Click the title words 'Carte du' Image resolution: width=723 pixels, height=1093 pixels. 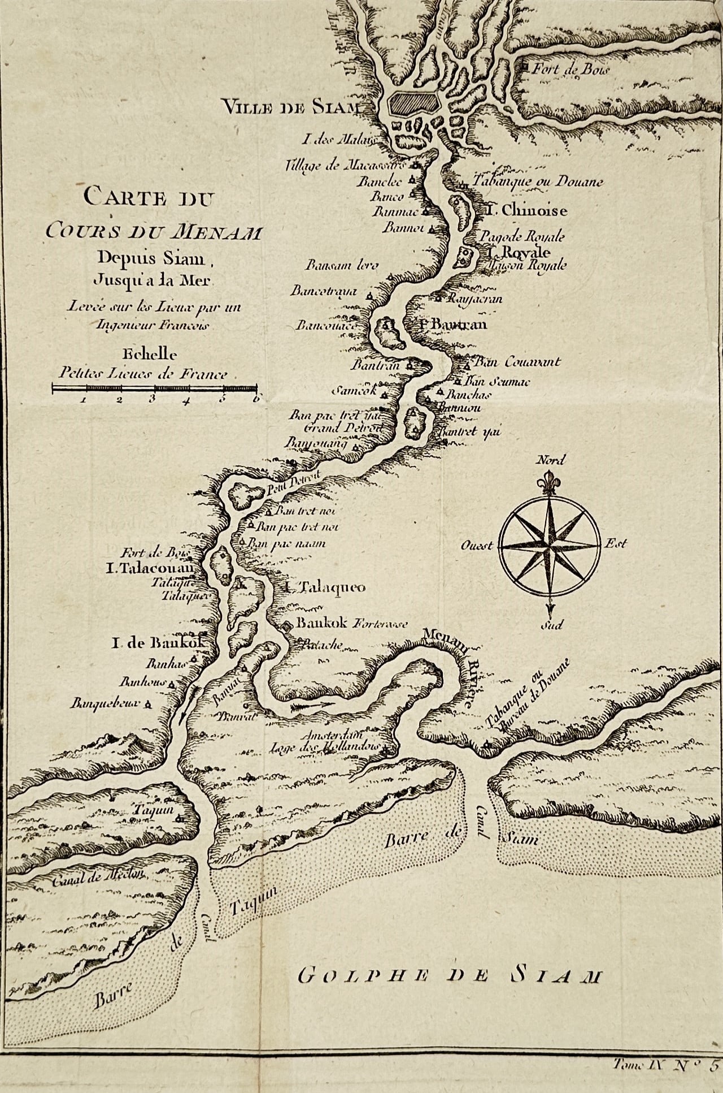(x=150, y=198)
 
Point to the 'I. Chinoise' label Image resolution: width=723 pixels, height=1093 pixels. (x=527, y=210)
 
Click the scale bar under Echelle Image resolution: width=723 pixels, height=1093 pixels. (x=154, y=388)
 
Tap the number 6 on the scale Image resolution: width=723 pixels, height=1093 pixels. (x=256, y=399)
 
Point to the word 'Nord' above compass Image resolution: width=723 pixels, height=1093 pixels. (x=550, y=460)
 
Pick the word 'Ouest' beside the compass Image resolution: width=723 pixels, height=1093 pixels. (x=477, y=546)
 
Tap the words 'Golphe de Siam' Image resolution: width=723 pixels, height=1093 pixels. (x=449, y=975)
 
